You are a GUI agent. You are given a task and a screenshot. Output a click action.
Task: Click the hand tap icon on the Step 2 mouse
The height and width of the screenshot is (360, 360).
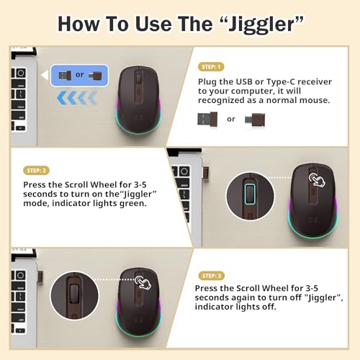pos(315,179)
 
